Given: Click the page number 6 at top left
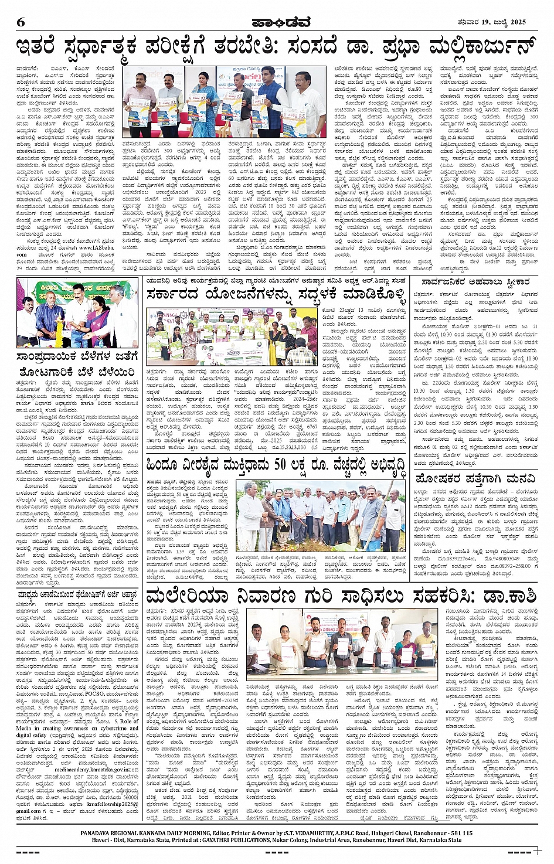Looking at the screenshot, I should click(21, 23).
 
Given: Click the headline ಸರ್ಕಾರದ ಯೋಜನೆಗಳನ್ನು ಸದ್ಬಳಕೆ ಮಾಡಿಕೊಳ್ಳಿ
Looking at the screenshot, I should click(276, 293).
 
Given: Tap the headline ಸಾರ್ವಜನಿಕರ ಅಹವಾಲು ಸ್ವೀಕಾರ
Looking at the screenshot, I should click(472, 281).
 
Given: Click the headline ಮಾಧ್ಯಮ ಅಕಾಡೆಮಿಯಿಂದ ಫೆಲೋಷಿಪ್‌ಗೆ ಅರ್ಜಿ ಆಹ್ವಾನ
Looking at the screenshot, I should click(77, 594).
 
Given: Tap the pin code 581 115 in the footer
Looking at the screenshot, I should click(458, 832).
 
